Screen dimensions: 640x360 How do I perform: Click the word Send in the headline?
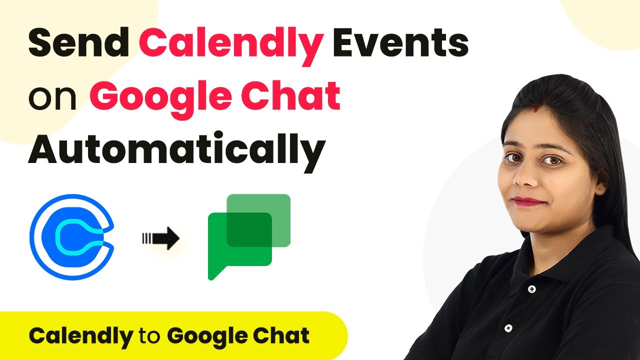(x=79, y=43)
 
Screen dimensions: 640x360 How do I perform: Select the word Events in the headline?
(x=400, y=43)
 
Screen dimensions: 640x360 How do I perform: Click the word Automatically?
(x=177, y=151)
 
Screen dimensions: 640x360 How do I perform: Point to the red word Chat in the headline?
(x=290, y=95)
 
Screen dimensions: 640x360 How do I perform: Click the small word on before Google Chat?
(x=52, y=98)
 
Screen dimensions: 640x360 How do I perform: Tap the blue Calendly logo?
(x=72, y=237)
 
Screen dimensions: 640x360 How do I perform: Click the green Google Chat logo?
(x=249, y=237)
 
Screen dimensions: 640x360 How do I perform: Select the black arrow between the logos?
(x=160, y=238)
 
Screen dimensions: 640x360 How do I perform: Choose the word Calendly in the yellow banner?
(x=81, y=337)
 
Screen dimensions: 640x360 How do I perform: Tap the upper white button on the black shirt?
(x=531, y=289)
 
